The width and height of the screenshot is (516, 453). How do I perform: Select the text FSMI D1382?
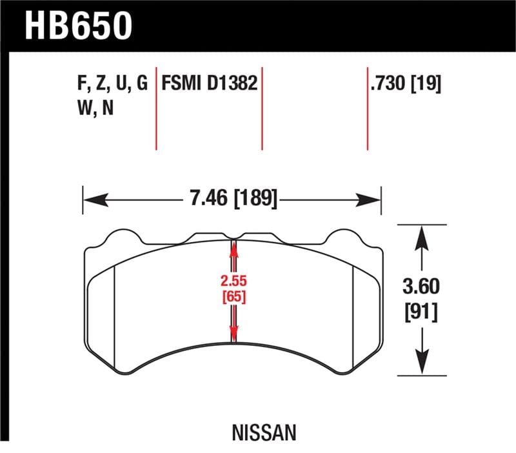pyautogui.click(x=210, y=85)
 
